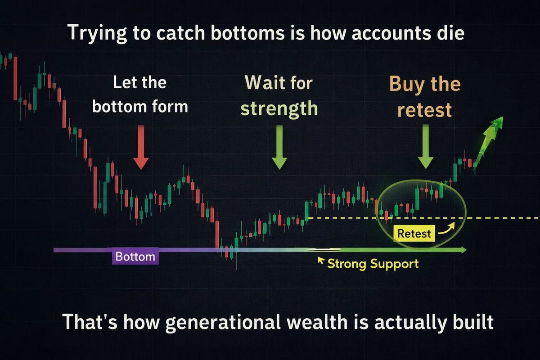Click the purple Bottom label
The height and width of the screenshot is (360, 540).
(135, 256)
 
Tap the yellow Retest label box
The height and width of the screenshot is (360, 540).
(414, 234)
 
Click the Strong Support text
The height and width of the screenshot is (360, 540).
(373, 264)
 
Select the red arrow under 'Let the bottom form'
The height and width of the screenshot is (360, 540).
(141, 147)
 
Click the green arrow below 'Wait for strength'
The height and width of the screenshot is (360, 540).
(279, 147)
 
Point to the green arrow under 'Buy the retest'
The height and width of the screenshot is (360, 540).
(426, 147)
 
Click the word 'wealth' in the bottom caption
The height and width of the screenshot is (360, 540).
(317, 321)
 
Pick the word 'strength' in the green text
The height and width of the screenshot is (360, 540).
(279, 109)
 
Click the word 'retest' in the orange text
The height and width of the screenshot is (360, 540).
(424, 110)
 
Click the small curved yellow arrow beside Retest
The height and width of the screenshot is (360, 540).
(447, 228)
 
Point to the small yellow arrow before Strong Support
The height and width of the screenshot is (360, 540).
(321, 260)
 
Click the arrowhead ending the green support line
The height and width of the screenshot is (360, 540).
(463, 250)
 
